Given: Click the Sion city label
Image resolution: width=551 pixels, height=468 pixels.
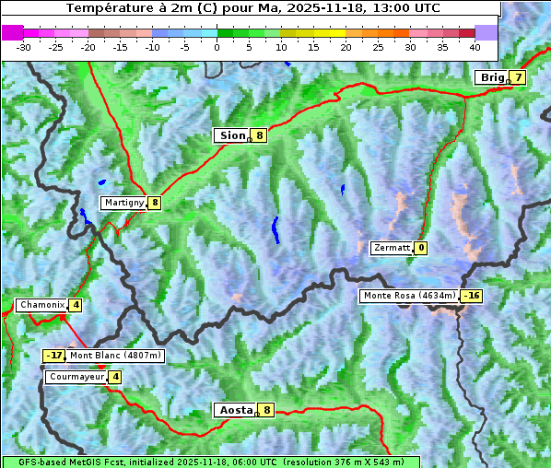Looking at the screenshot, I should point(231,135).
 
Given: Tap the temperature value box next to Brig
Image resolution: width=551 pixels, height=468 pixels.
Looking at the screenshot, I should point(519,77).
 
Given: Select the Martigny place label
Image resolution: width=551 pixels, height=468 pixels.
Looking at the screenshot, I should point(124,203).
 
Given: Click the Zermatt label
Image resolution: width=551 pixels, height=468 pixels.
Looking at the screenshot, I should point(391,248).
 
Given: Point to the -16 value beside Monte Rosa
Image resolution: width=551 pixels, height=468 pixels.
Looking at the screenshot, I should point(472,296).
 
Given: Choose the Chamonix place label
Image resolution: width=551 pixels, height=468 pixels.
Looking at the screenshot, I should point(41,305).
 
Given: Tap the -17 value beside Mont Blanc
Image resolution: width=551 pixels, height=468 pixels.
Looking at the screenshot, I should point(55,356).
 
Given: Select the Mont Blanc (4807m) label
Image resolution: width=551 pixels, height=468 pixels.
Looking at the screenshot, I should point(115,356).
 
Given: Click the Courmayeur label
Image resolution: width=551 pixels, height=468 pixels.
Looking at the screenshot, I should point(76,377).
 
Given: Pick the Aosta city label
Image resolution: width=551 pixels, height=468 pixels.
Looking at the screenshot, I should point(235,410).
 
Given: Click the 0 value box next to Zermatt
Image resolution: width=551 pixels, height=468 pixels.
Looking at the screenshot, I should point(421,248).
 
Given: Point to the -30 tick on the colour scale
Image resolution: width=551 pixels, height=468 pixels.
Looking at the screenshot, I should point(25,47).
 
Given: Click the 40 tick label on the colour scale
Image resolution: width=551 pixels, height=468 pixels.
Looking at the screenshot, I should point(475,47).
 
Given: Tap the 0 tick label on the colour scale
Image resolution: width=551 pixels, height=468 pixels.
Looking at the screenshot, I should point(217,47).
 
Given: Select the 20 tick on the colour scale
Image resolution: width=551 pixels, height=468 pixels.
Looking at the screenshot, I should point(346,47).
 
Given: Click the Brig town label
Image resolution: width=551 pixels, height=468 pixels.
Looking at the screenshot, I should point(491,77).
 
